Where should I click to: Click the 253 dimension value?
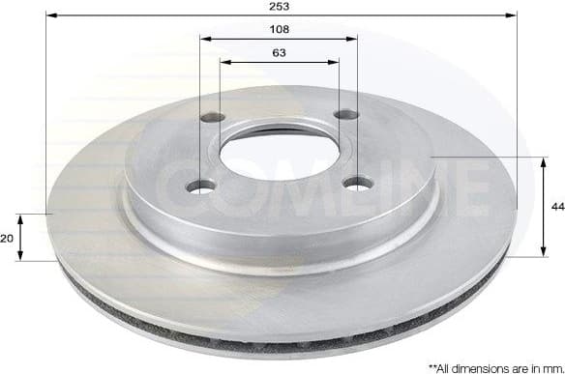[x=281, y=6]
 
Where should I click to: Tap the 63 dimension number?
[x=279, y=54]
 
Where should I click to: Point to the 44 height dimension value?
[x=556, y=206]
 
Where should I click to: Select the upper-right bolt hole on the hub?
[x=345, y=115]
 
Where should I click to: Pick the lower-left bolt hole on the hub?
[x=202, y=187]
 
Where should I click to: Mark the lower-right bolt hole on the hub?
[x=358, y=182]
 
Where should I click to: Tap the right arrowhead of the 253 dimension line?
[x=513, y=15]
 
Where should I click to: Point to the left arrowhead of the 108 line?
[x=205, y=40]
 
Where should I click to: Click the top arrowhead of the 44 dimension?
[x=540, y=160]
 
